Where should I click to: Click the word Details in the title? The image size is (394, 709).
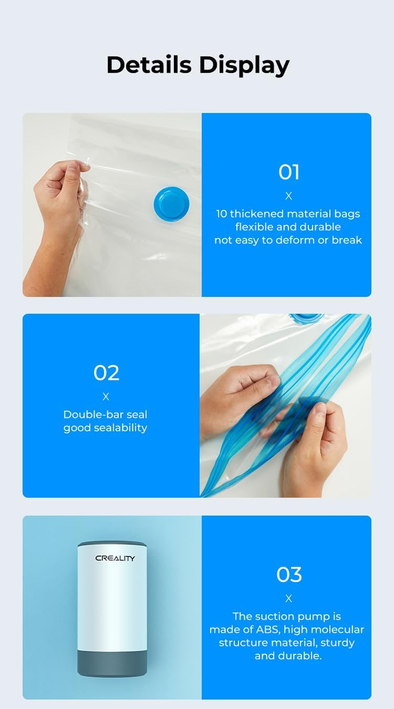pos(148,65)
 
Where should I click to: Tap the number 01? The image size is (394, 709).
pos(289,172)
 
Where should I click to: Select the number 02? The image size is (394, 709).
pos(106,373)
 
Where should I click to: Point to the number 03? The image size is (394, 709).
pos(289,574)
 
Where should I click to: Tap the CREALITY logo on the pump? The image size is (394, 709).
pos(115,559)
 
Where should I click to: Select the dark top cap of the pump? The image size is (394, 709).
pos(112,544)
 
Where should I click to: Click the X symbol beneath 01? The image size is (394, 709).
pos(289,196)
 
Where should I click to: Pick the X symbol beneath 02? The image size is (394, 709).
pos(106,397)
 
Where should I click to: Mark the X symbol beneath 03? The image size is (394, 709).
pos(289,599)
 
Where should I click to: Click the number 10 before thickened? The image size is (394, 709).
pos(222,214)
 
